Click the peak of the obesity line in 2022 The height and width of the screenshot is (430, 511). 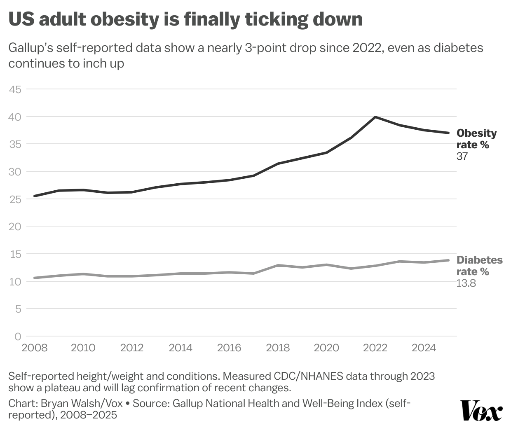tap(375, 117)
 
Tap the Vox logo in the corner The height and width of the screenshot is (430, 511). tap(481, 410)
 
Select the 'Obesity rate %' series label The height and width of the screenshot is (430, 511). tap(476, 139)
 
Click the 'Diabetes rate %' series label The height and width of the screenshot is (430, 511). tap(479, 266)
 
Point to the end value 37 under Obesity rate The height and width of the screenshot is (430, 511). tap(462, 157)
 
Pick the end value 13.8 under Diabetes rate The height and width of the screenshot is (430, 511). tap(466, 283)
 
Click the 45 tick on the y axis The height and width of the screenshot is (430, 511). tap(15, 89)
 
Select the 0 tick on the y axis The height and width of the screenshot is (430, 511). tap(18, 337)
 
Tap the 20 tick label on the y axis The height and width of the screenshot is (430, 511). tap(15, 227)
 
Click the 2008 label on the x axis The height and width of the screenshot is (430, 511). tap(34, 348)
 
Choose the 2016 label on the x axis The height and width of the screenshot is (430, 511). tap(229, 348)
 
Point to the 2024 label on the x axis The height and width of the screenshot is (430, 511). tap(424, 348)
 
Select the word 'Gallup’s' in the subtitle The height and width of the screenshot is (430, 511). tap(30, 48)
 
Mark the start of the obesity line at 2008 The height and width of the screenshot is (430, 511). tap(35, 196)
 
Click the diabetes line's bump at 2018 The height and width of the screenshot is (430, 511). tap(278, 265)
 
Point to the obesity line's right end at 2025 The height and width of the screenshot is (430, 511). tap(448, 133)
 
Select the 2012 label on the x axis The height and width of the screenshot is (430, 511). tap(132, 348)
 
